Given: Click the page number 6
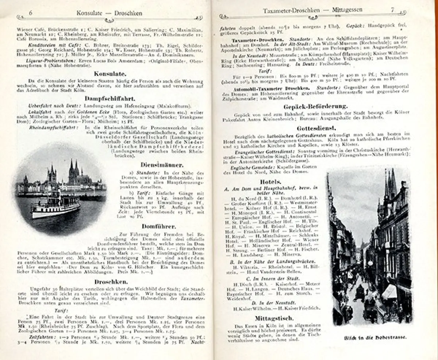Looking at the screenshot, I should (x=31, y=13).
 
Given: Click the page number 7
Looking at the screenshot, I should (x=393, y=11).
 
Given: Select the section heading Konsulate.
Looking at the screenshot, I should (x=105, y=73).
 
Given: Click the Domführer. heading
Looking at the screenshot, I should (x=159, y=226).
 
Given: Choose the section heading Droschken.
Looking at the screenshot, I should (x=111, y=282).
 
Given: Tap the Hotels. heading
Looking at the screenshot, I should (x=270, y=181).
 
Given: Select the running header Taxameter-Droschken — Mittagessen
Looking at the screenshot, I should (x=312, y=11).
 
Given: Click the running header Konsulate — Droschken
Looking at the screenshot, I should (x=109, y=13).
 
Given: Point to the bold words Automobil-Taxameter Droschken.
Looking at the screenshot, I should (x=270, y=88).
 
